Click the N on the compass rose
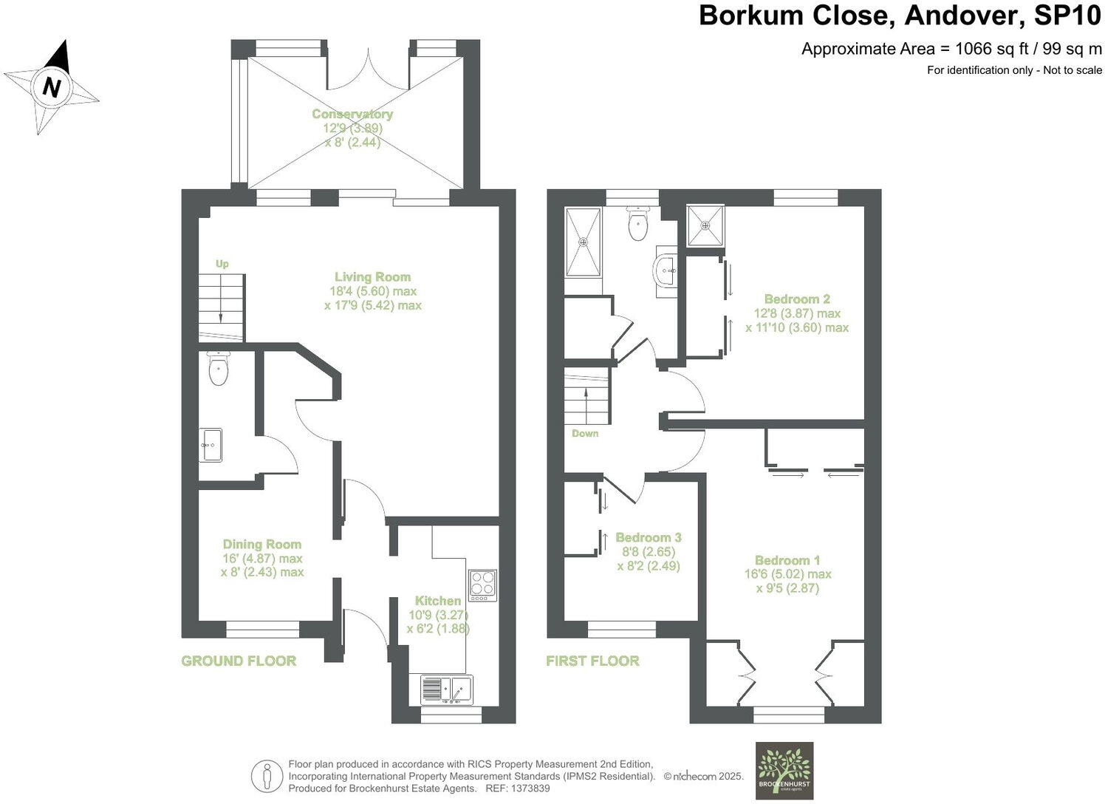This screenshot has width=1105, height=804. click(x=51, y=88)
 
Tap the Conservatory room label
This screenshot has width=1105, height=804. click(x=352, y=114)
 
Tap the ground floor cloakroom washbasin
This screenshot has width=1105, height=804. click(x=211, y=445)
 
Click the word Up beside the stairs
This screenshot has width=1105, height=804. click(x=222, y=264)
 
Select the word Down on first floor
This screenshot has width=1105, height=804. click(x=585, y=433)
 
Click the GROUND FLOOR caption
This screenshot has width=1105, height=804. click(x=239, y=661)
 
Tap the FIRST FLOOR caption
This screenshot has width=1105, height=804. click(x=592, y=661)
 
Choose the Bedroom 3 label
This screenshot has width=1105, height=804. click(x=648, y=537)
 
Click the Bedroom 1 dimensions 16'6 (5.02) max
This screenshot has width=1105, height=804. click(x=787, y=574)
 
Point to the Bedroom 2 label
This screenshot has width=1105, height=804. click(x=797, y=299)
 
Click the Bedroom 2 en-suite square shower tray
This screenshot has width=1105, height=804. click(x=705, y=225)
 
